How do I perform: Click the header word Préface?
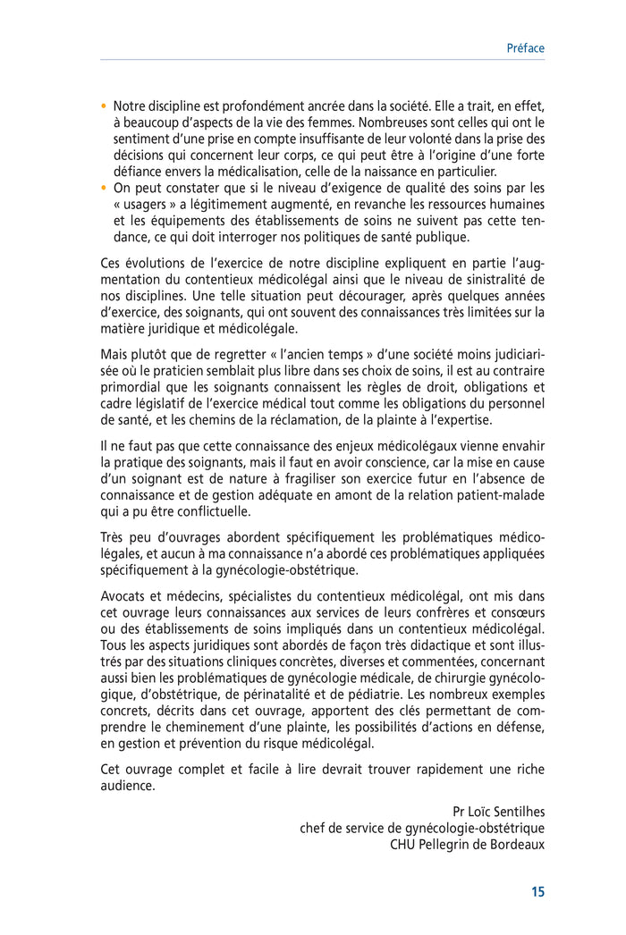pos(525,48)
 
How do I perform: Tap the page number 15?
pos(537,891)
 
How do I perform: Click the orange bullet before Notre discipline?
pos(104,105)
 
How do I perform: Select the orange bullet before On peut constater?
pos(104,188)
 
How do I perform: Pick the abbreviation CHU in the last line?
pos(404,843)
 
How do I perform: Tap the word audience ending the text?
pos(127,786)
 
